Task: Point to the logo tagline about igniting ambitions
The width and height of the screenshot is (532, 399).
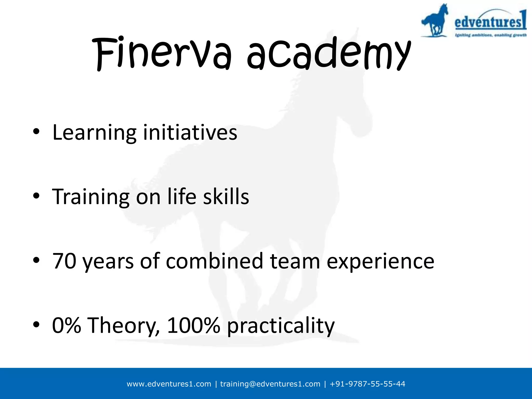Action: tap(491, 35)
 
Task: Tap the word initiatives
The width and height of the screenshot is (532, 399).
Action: tap(190, 132)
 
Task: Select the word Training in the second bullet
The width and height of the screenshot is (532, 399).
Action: tap(91, 197)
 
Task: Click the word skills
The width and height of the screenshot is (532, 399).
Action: tap(226, 197)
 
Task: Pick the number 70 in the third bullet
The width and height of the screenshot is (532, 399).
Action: tap(64, 261)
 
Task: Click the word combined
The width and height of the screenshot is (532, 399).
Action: tap(215, 261)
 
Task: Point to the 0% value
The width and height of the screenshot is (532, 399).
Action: tap(66, 325)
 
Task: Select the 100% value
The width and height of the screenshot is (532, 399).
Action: tap(194, 325)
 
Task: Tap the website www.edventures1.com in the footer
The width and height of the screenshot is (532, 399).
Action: tap(169, 384)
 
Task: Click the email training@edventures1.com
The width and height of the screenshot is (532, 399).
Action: tap(270, 384)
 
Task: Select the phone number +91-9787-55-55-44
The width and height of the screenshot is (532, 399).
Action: tap(367, 384)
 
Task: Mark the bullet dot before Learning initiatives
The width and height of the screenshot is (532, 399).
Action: tap(36, 131)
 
